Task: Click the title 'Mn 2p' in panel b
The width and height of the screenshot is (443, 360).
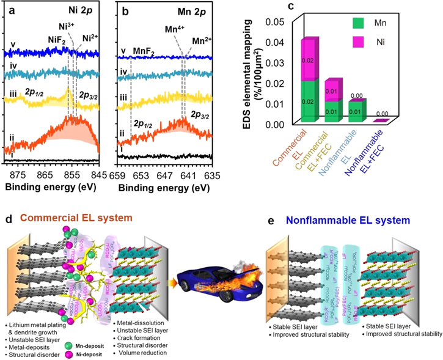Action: pyautogui.click(x=195, y=10)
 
